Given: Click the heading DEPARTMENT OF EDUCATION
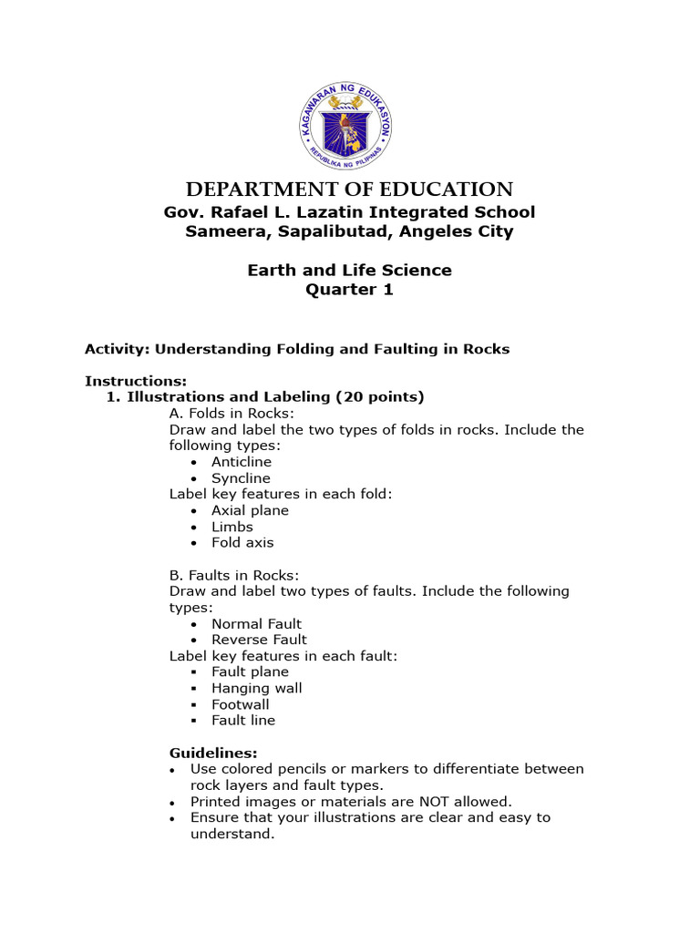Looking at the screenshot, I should (x=349, y=190).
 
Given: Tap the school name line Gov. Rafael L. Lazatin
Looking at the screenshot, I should (x=349, y=212).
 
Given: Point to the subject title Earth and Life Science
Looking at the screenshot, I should (x=349, y=271).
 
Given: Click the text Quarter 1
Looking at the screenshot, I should (x=349, y=290).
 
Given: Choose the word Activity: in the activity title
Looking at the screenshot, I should (x=118, y=349).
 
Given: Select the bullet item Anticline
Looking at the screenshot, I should (x=242, y=462).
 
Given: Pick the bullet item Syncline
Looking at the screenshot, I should (x=241, y=478).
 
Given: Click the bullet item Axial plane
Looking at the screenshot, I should (x=250, y=510).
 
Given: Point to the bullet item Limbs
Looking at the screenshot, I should (x=232, y=527).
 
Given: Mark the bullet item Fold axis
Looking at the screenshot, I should (x=242, y=543).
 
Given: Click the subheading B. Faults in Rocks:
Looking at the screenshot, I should (x=234, y=575).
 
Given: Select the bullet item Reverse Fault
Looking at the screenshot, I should (x=259, y=640).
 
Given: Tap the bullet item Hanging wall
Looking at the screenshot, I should (x=256, y=688).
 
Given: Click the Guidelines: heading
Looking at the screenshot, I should (x=213, y=753).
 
